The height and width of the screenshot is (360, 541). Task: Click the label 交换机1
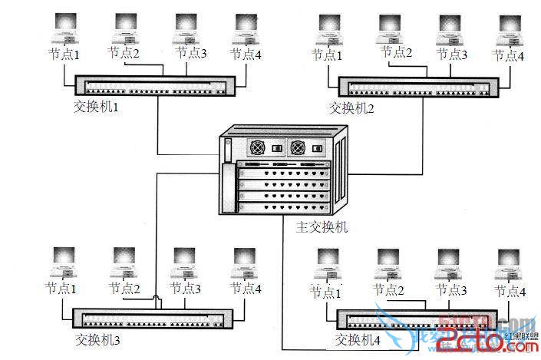click(x=95, y=107)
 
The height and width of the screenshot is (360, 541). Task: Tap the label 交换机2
click(x=351, y=108)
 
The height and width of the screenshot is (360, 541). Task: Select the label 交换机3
click(x=98, y=338)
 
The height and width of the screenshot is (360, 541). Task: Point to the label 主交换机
click(x=322, y=227)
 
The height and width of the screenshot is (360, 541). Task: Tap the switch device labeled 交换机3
click(x=152, y=318)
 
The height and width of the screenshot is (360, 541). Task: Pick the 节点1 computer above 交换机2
click(x=328, y=31)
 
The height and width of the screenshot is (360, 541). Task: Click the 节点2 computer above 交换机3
click(x=124, y=264)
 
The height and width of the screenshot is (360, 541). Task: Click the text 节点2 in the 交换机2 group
click(x=398, y=53)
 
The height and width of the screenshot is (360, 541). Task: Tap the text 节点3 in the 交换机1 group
click(x=190, y=53)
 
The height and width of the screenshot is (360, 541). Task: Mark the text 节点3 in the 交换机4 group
click(x=451, y=290)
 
